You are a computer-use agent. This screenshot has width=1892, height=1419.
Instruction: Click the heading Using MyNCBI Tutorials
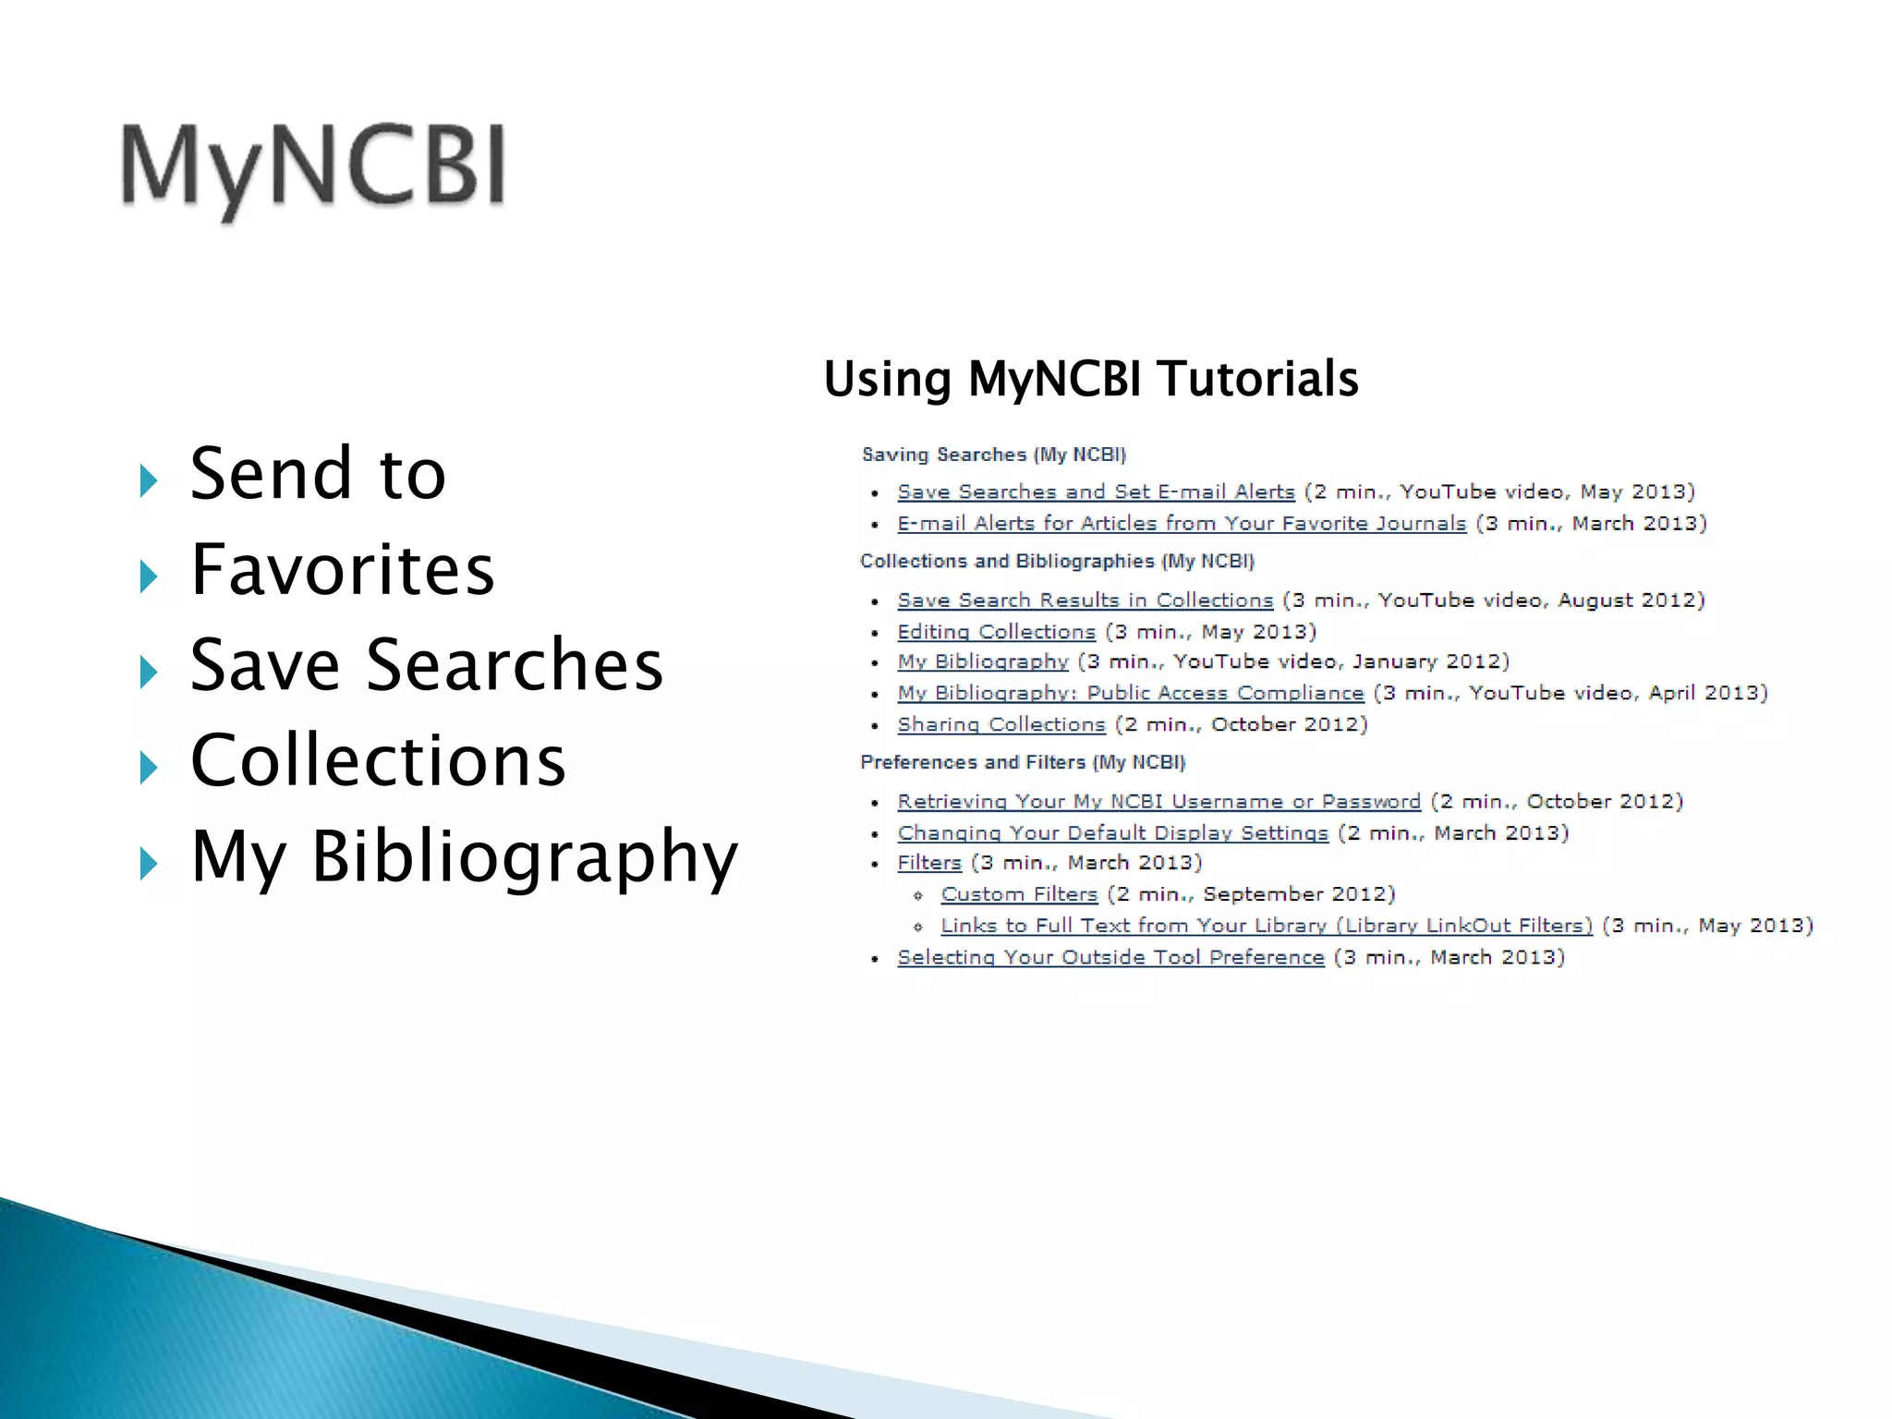pos(1091,379)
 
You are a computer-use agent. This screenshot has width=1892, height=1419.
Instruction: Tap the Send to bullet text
pos(318,474)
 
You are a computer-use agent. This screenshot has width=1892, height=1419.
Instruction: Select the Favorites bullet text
pos(343,570)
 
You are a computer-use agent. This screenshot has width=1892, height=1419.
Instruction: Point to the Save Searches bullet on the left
pos(427,665)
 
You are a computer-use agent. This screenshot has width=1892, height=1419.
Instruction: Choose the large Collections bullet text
pos(378,761)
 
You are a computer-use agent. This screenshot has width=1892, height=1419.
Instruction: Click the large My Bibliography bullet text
pos(464,857)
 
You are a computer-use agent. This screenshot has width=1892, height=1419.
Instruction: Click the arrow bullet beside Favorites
pos(148,576)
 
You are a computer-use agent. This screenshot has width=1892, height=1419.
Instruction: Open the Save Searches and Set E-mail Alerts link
pos(1096,492)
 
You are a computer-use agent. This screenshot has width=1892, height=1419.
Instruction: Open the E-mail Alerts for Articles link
pos(1182,524)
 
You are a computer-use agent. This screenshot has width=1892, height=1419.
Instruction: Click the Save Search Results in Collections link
pos(1085,600)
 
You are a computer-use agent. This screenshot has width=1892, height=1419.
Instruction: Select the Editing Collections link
pos(996,632)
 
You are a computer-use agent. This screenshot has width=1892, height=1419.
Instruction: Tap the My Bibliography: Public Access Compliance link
pos(1130,693)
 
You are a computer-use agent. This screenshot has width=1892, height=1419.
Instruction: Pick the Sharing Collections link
pos(1001,724)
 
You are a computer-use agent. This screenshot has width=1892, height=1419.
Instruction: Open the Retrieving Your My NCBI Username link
pos(1158,802)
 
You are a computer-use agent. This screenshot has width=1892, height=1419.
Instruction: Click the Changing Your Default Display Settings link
pos(1112,833)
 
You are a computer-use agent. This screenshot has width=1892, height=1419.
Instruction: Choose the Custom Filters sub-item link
pos(1019,894)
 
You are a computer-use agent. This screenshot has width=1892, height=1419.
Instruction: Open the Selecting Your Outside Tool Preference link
pos(1110,957)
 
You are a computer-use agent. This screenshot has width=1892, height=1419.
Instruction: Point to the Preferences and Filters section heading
pos(1023,762)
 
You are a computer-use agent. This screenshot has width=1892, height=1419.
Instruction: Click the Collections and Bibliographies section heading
pos(1057,562)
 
